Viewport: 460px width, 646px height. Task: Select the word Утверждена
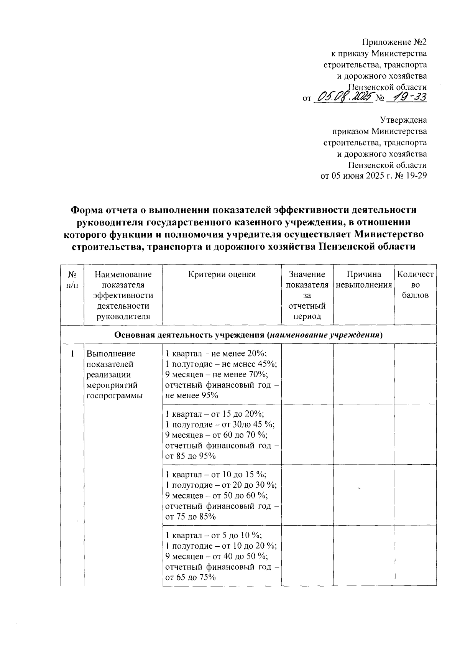[x=403, y=120]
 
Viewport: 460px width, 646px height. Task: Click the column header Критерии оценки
[x=222, y=274]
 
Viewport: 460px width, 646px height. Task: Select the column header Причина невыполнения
[x=364, y=279]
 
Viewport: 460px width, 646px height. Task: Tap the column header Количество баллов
[x=416, y=284]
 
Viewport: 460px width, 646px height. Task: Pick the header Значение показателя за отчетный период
[x=307, y=295]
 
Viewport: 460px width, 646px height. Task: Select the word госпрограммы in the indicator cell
[x=115, y=396]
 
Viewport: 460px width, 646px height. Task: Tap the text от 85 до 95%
[x=191, y=456]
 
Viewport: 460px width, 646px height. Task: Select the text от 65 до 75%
[x=191, y=577]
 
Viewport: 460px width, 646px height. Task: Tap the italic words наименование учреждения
[x=325, y=335]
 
